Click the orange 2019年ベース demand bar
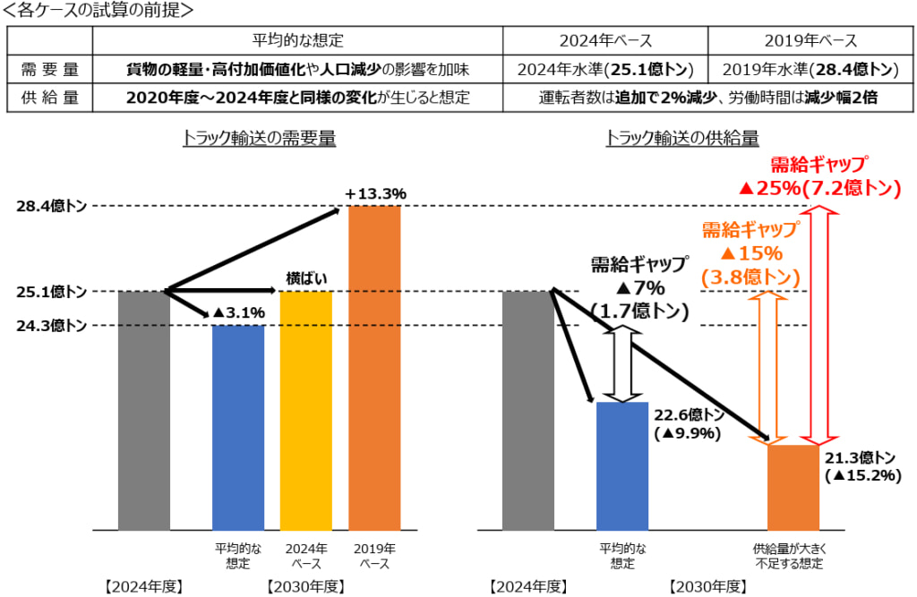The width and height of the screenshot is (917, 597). [x=373, y=367]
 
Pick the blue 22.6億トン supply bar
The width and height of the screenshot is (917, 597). [x=621, y=465]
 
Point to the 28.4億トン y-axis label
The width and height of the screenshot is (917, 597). [x=51, y=207]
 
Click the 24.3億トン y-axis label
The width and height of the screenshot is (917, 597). [x=51, y=326]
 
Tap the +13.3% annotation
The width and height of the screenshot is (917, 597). [x=375, y=192]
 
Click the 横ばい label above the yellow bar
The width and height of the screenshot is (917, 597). [x=305, y=278]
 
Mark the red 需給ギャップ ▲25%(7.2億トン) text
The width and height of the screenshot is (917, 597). [x=818, y=176]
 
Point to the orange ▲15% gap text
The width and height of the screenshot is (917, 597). [x=750, y=253]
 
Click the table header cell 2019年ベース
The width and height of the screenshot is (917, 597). [x=810, y=40]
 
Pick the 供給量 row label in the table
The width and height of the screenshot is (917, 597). [x=50, y=96]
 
